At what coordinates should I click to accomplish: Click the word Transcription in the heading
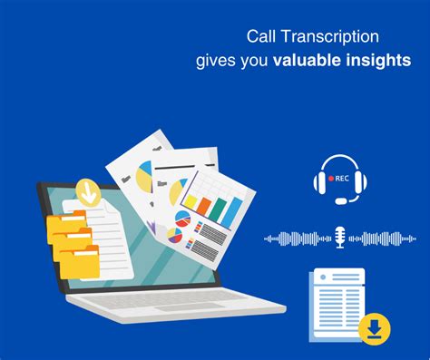click(332, 37)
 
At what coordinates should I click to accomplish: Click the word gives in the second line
click(216, 61)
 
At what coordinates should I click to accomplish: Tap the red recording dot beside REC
click(330, 179)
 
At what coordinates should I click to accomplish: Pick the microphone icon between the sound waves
click(339, 238)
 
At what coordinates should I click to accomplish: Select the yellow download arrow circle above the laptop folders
click(88, 192)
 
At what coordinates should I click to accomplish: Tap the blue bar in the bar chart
click(233, 210)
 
